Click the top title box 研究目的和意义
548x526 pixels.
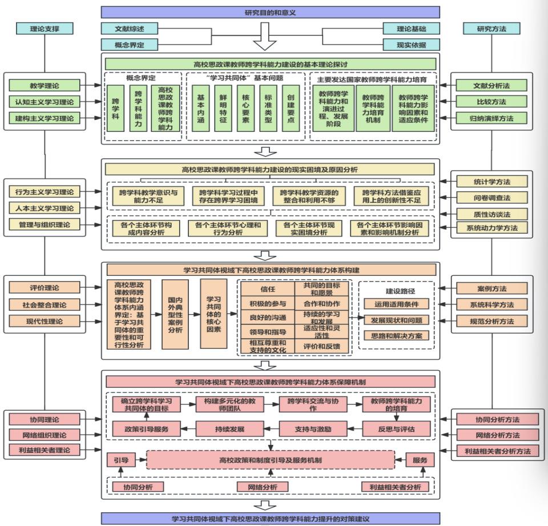(x=270, y=11)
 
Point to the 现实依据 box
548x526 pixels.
(x=411, y=45)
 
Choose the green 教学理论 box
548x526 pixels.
(x=45, y=86)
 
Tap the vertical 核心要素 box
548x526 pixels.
(x=246, y=109)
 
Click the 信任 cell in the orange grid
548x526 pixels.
(x=268, y=289)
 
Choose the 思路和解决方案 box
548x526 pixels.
(x=396, y=335)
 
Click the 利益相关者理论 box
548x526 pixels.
(x=45, y=450)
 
